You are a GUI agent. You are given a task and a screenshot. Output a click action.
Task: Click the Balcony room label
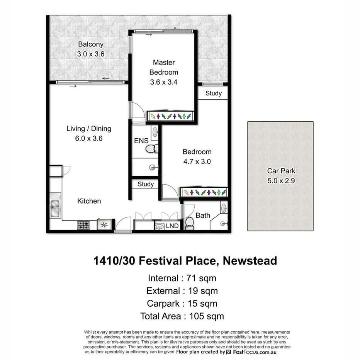[x=91, y=44]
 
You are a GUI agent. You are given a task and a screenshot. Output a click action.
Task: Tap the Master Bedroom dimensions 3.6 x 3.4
[x=163, y=82]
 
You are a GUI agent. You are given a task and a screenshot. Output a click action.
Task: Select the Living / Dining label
[x=89, y=129]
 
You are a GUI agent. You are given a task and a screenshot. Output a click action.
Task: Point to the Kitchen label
[x=89, y=201]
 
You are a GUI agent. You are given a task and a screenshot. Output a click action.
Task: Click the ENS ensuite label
[x=141, y=141]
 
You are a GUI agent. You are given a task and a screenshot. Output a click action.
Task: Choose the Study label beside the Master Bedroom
[x=213, y=93]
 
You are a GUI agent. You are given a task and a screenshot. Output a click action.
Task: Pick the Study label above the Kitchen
[x=146, y=184]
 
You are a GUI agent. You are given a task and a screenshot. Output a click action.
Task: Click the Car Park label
[x=281, y=171]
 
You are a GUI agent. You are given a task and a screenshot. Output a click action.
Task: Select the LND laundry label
[x=172, y=226]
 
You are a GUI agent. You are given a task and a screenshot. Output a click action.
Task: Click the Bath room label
[x=203, y=215]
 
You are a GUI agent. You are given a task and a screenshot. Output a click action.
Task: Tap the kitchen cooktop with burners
[x=83, y=224]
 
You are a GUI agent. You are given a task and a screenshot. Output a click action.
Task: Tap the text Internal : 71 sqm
[x=182, y=278]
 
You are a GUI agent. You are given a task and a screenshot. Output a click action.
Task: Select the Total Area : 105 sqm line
[x=182, y=316]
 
